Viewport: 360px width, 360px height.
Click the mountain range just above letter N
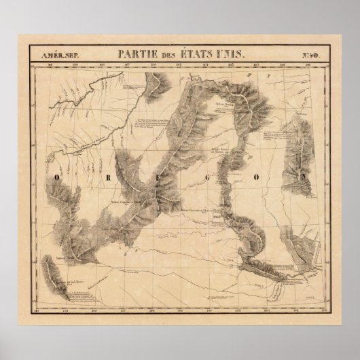click(x=296, y=143)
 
